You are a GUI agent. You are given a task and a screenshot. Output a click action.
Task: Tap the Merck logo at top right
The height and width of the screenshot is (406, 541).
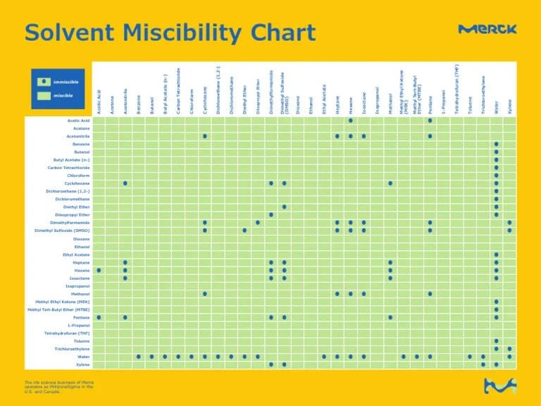click(x=487, y=29)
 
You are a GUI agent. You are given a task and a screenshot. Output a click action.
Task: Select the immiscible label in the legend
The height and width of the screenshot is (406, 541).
click(x=66, y=82)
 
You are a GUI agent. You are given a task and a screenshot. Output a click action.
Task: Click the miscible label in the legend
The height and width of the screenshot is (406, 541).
click(x=63, y=95)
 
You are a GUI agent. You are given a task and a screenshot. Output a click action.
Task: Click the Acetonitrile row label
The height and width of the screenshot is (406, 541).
click(x=76, y=136)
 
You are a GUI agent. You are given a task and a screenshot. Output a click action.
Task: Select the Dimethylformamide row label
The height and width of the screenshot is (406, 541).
click(x=66, y=223)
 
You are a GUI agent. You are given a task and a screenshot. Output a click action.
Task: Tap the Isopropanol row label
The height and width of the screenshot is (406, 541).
click(x=77, y=286)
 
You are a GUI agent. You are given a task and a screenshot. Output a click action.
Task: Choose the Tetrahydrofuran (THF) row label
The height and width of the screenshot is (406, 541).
click(x=67, y=333)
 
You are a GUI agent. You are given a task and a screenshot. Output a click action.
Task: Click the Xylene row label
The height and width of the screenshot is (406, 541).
click(x=82, y=365)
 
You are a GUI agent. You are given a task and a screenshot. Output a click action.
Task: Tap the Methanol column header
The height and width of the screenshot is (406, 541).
click(x=390, y=104)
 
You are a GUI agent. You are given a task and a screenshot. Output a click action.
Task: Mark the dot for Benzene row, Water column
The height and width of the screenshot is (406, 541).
click(x=496, y=144)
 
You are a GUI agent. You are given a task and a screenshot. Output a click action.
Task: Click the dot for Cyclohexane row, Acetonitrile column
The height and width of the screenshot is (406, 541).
click(x=125, y=183)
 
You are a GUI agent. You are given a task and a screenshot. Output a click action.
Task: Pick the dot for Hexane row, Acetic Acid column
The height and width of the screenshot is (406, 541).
click(x=99, y=270)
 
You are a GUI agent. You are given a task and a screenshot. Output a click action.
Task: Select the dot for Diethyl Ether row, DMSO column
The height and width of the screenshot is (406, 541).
click(x=285, y=207)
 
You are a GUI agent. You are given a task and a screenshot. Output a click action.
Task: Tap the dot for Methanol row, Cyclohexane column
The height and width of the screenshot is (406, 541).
click(x=205, y=294)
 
